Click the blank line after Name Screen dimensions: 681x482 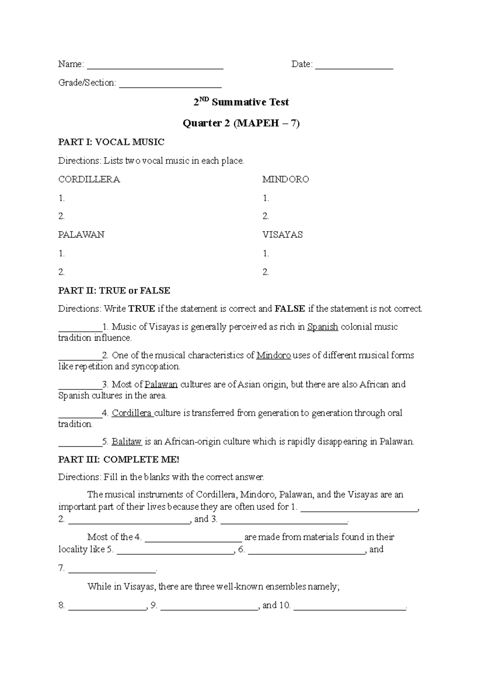(155, 66)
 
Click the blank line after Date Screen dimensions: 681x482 (354, 66)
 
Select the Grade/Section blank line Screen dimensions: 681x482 (170, 85)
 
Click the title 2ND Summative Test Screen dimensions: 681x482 (241, 102)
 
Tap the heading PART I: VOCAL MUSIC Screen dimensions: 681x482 (111, 142)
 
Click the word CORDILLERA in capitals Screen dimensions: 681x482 (89, 179)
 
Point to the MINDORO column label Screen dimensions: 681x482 (286, 179)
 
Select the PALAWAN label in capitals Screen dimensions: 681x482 (81, 235)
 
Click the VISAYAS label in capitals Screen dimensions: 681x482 (282, 235)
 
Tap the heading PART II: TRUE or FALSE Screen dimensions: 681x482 (114, 290)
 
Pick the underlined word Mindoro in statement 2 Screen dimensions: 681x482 (274, 355)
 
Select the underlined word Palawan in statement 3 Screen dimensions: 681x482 (161, 384)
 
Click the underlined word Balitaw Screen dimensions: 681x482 (127, 442)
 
